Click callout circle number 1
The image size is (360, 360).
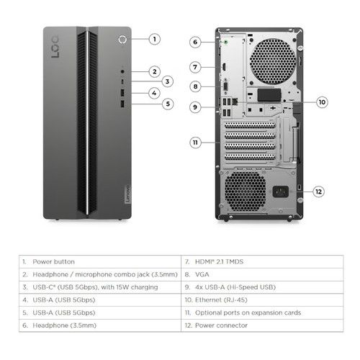pos(156,39)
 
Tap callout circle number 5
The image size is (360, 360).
pos(168,104)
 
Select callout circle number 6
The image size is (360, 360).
pos(194,42)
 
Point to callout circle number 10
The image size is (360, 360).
pos(322,102)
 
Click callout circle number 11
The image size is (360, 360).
pos(194,143)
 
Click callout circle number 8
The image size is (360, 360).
pos(194,86)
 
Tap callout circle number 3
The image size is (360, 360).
pos(167,82)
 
